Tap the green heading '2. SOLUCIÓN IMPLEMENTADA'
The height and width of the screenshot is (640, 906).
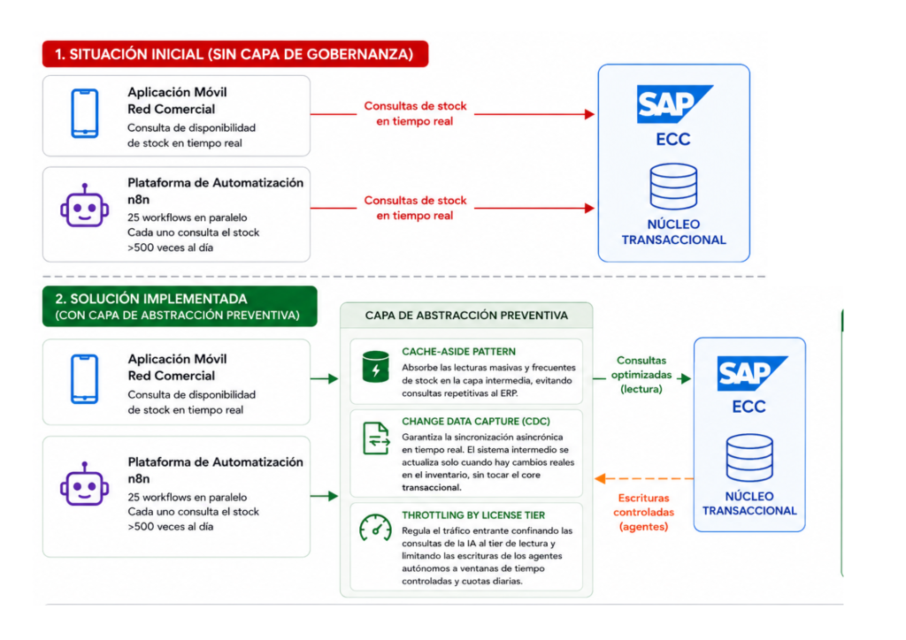pyautogui.click(x=151, y=299)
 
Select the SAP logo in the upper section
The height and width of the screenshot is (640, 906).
pyautogui.click(x=674, y=104)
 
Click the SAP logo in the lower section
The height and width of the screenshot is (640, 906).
pyautogui.click(x=752, y=373)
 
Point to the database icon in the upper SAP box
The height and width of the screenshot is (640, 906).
pyautogui.click(x=673, y=187)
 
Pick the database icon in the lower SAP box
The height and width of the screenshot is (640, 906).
pyautogui.click(x=749, y=458)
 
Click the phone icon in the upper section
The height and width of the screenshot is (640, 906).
pyautogui.click(x=84, y=114)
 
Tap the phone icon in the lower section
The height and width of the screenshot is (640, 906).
pyautogui.click(x=84, y=379)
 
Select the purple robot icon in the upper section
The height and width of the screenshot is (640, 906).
pyautogui.click(x=84, y=206)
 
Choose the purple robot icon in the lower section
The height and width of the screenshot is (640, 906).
pyautogui.click(x=84, y=484)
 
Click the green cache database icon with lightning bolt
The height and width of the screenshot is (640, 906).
pyautogui.click(x=375, y=367)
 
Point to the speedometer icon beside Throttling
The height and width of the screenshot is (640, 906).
pyautogui.click(x=375, y=528)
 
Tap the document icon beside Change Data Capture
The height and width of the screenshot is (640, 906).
pyautogui.click(x=376, y=438)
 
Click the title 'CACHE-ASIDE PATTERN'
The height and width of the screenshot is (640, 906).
pyautogui.click(x=459, y=352)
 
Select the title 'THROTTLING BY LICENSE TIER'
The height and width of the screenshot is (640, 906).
pyautogui.click(x=473, y=515)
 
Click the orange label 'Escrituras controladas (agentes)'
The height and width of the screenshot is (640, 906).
pyautogui.click(x=644, y=512)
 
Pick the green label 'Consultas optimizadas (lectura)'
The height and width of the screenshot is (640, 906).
pyautogui.click(x=641, y=375)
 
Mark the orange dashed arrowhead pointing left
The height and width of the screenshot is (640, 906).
pyautogui.click(x=601, y=478)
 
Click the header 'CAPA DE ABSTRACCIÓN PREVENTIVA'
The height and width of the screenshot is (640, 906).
pyautogui.click(x=466, y=316)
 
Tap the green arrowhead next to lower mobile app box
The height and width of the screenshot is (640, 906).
pyautogui.click(x=334, y=378)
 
